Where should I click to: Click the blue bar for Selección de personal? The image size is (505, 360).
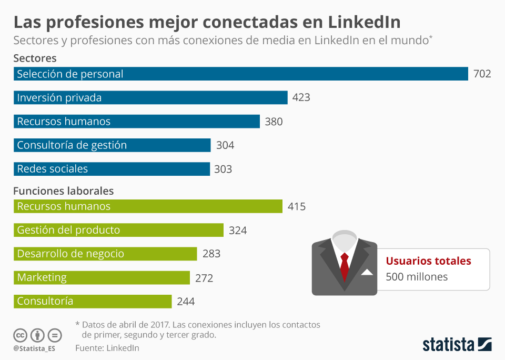pos(240,74)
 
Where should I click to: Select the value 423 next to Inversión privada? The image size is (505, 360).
pos(301,97)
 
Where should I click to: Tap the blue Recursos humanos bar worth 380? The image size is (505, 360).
pos(137,121)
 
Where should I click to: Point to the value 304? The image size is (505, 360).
pos(225,145)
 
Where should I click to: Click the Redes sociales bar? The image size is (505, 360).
pos(112,169)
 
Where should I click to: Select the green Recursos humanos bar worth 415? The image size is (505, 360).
pos(148,206)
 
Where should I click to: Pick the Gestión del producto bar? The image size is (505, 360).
pos(118,230)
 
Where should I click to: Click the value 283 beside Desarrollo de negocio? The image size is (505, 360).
pos(211,254)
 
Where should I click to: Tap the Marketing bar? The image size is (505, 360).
pos(102,277)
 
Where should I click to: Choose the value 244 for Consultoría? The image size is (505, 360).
pos(186,302)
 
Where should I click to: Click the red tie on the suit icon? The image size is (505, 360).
pos(345,265)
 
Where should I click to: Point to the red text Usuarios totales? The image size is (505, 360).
pos(428,261)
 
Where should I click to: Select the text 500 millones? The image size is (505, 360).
pos(417,277)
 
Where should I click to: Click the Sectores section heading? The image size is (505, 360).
pos(35,58)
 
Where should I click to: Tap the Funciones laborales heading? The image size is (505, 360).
pos(63,191)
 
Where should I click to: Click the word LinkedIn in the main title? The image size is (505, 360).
pos(363,22)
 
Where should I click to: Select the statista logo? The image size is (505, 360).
pos(457,344)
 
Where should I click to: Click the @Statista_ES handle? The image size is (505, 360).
pos(35,348)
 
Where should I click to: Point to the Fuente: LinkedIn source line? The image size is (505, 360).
pos(107,348)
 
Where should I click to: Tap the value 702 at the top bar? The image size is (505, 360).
pos(482,74)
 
